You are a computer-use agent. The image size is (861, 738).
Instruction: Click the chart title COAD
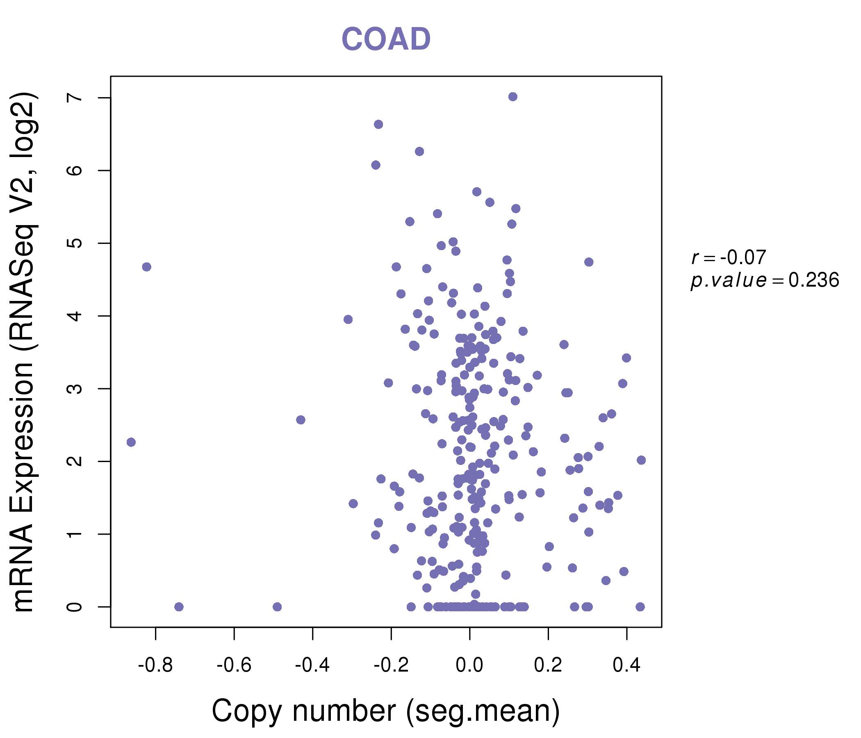(x=386, y=39)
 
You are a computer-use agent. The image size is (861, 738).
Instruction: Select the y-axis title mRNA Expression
(x=24, y=352)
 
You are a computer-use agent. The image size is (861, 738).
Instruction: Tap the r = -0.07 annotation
(x=729, y=257)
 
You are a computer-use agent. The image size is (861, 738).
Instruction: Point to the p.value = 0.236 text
(x=765, y=280)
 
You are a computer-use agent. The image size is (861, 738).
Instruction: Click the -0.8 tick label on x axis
(x=155, y=665)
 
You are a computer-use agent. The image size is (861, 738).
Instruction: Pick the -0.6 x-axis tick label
(x=234, y=665)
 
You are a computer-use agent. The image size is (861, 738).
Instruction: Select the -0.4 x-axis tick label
(x=312, y=665)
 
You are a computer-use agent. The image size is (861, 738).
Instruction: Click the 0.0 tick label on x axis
(x=469, y=665)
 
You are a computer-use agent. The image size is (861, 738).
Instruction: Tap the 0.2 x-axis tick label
(x=548, y=665)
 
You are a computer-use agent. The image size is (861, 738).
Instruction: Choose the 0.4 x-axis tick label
(x=626, y=665)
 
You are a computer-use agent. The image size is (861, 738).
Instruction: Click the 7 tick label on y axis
(x=75, y=98)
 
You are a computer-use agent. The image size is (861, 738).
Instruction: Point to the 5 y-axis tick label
(x=75, y=243)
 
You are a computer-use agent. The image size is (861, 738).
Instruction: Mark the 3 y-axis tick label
(x=75, y=389)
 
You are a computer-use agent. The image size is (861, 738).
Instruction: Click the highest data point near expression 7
(x=513, y=97)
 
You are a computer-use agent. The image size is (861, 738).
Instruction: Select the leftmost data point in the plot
(x=131, y=442)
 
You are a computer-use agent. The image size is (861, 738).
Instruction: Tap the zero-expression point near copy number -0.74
(x=179, y=607)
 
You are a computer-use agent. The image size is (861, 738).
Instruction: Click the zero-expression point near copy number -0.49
(x=277, y=607)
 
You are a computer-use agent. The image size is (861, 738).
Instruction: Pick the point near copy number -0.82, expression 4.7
(x=146, y=267)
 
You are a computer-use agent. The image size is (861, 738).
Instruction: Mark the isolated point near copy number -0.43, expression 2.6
(x=301, y=420)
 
